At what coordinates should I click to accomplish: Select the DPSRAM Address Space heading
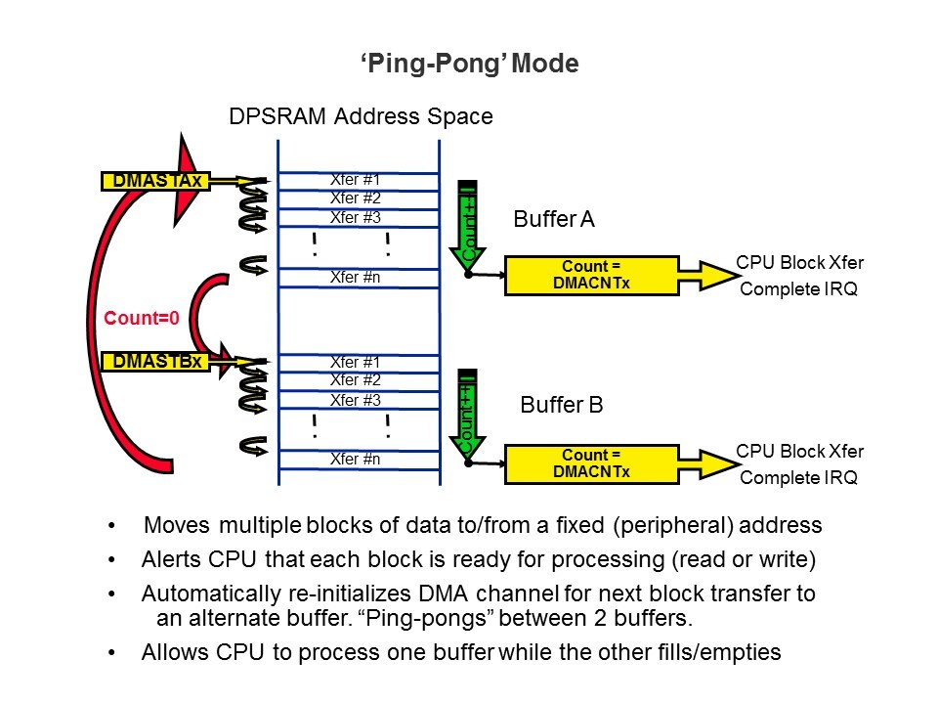(360, 117)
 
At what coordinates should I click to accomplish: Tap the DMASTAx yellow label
(157, 181)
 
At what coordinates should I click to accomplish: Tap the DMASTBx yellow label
(157, 362)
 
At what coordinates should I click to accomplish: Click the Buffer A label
(554, 221)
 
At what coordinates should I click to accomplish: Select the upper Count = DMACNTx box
(591, 275)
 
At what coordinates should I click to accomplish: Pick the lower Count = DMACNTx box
(591, 462)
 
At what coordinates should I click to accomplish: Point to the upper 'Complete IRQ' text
(798, 289)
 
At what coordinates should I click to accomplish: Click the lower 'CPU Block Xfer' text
(799, 451)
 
